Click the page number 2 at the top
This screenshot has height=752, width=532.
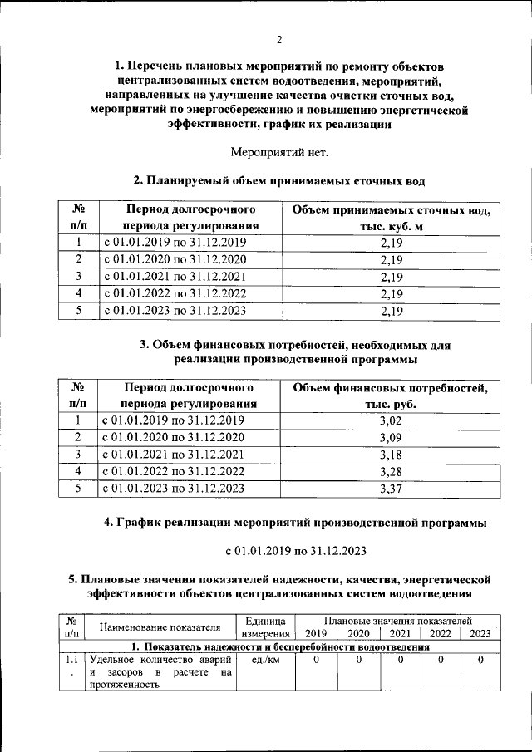280,39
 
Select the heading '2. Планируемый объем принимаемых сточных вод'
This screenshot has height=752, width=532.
279,179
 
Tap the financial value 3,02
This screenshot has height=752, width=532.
390,420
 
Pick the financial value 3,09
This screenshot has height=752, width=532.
390,437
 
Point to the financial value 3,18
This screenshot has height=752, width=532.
390,455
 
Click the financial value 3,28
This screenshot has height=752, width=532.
390,471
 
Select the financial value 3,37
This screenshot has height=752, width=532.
390,489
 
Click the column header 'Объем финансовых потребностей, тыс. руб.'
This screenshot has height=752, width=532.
390,395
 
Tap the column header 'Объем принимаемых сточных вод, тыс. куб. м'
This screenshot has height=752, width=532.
390,217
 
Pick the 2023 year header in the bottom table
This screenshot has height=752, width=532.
480,633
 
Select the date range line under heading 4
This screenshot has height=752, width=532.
279,550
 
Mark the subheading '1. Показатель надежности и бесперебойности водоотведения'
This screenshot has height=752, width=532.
279,646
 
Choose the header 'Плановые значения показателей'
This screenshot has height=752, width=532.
398,621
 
